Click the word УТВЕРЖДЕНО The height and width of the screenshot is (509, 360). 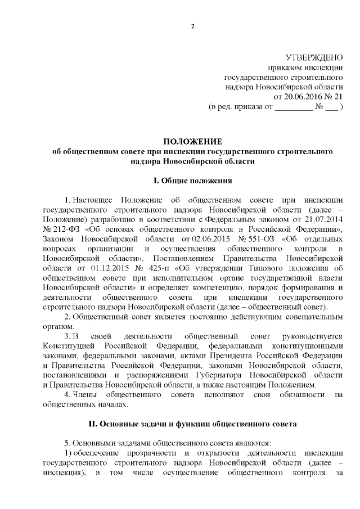[x=315, y=58]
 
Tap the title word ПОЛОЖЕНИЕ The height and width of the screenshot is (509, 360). [x=192, y=141]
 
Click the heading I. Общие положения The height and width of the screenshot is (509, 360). [x=192, y=181]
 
